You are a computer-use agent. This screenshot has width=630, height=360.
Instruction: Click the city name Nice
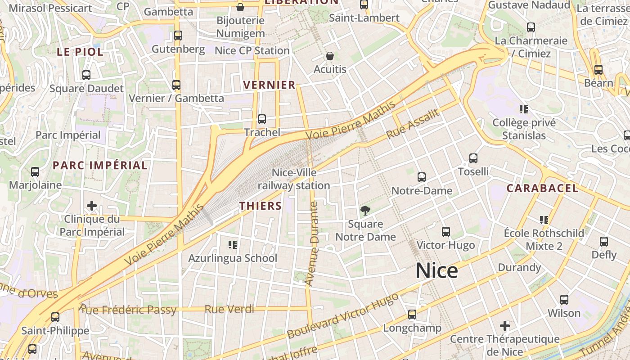[x=436, y=271]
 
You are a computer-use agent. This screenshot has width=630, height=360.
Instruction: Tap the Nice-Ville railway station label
[x=294, y=179]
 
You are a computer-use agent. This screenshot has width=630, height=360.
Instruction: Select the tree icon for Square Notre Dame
[x=365, y=210]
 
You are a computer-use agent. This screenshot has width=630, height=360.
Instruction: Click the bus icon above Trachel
[x=261, y=119]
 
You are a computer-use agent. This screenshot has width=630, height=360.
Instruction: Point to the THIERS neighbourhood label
[x=260, y=206]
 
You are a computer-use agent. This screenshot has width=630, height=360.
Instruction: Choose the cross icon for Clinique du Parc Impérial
[x=92, y=206]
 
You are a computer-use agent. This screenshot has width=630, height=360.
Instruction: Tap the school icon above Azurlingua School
[x=233, y=245]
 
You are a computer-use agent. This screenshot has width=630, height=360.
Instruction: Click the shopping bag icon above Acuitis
[x=330, y=56]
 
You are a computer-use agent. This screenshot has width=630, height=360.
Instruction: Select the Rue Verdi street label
[x=229, y=310]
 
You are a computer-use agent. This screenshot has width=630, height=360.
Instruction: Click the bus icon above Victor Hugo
[x=446, y=232]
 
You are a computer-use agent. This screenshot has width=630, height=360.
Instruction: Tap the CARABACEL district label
[x=542, y=188]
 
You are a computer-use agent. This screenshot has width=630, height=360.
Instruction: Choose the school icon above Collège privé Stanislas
[x=523, y=109]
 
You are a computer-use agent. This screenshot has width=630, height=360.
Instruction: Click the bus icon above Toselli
[x=473, y=158]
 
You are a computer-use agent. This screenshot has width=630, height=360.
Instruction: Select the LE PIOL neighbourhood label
[x=80, y=52]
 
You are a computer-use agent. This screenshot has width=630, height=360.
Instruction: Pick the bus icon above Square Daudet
[x=86, y=75]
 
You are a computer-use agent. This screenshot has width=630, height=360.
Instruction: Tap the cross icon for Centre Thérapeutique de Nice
[x=505, y=325]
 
